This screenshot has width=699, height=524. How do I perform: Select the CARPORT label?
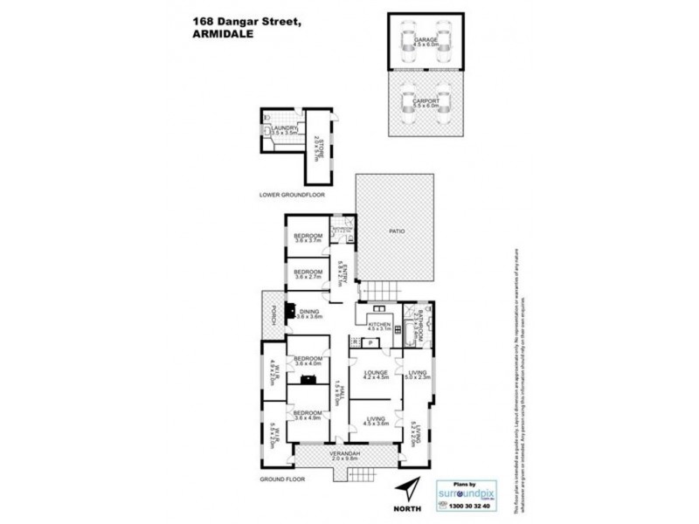[x=425, y=102]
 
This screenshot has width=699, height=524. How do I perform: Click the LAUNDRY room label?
[x=286, y=130]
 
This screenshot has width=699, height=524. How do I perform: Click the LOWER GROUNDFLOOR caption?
[x=292, y=195]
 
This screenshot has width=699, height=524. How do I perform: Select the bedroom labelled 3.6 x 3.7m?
[x=308, y=238]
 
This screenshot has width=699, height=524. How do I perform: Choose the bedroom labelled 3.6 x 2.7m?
[x=308, y=274]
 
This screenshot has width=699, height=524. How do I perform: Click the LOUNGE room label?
[x=375, y=376]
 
